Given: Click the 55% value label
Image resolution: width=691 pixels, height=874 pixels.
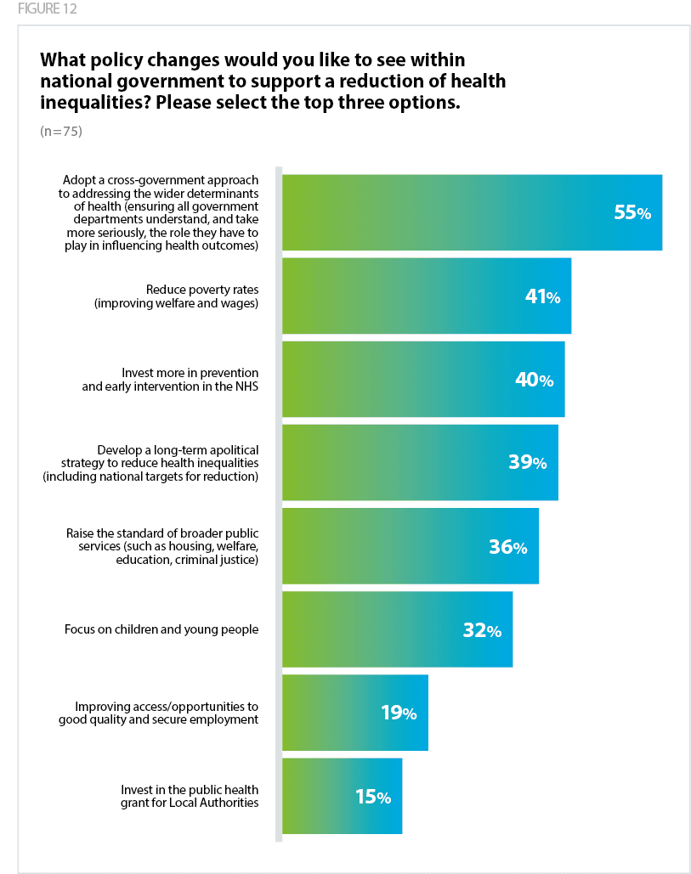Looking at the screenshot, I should click(x=632, y=213).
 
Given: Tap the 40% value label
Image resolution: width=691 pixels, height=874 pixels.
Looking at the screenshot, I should click(x=534, y=380).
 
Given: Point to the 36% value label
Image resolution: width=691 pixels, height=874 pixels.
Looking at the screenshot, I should click(x=507, y=547).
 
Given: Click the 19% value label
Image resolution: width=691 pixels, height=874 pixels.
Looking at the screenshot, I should click(x=398, y=713).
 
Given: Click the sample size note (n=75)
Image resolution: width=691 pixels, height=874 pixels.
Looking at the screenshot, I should click(x=61, y=132).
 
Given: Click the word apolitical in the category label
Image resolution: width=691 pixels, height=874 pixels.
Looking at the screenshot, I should click(x=229, y=448).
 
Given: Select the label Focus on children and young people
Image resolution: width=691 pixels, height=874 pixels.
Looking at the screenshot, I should click(x=161, y=630).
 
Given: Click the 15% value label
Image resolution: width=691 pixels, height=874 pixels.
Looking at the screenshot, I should click(x=372, y=797).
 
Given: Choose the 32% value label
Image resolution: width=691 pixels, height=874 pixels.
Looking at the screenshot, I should click(x=481, y=630).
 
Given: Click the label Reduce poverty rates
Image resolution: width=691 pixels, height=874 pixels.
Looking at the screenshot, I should click(x=201, y=289).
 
